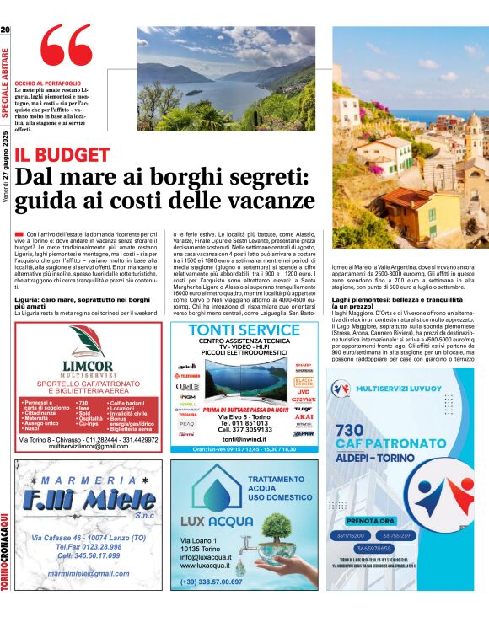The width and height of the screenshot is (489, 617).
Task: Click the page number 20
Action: click(x=5, y=30)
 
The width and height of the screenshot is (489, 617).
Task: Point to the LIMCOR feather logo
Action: click(x=88, y=341)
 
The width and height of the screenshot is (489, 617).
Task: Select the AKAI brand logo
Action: click(x=304, y=416)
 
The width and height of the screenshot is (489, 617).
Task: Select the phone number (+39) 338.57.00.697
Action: click(x=212, y=581)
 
